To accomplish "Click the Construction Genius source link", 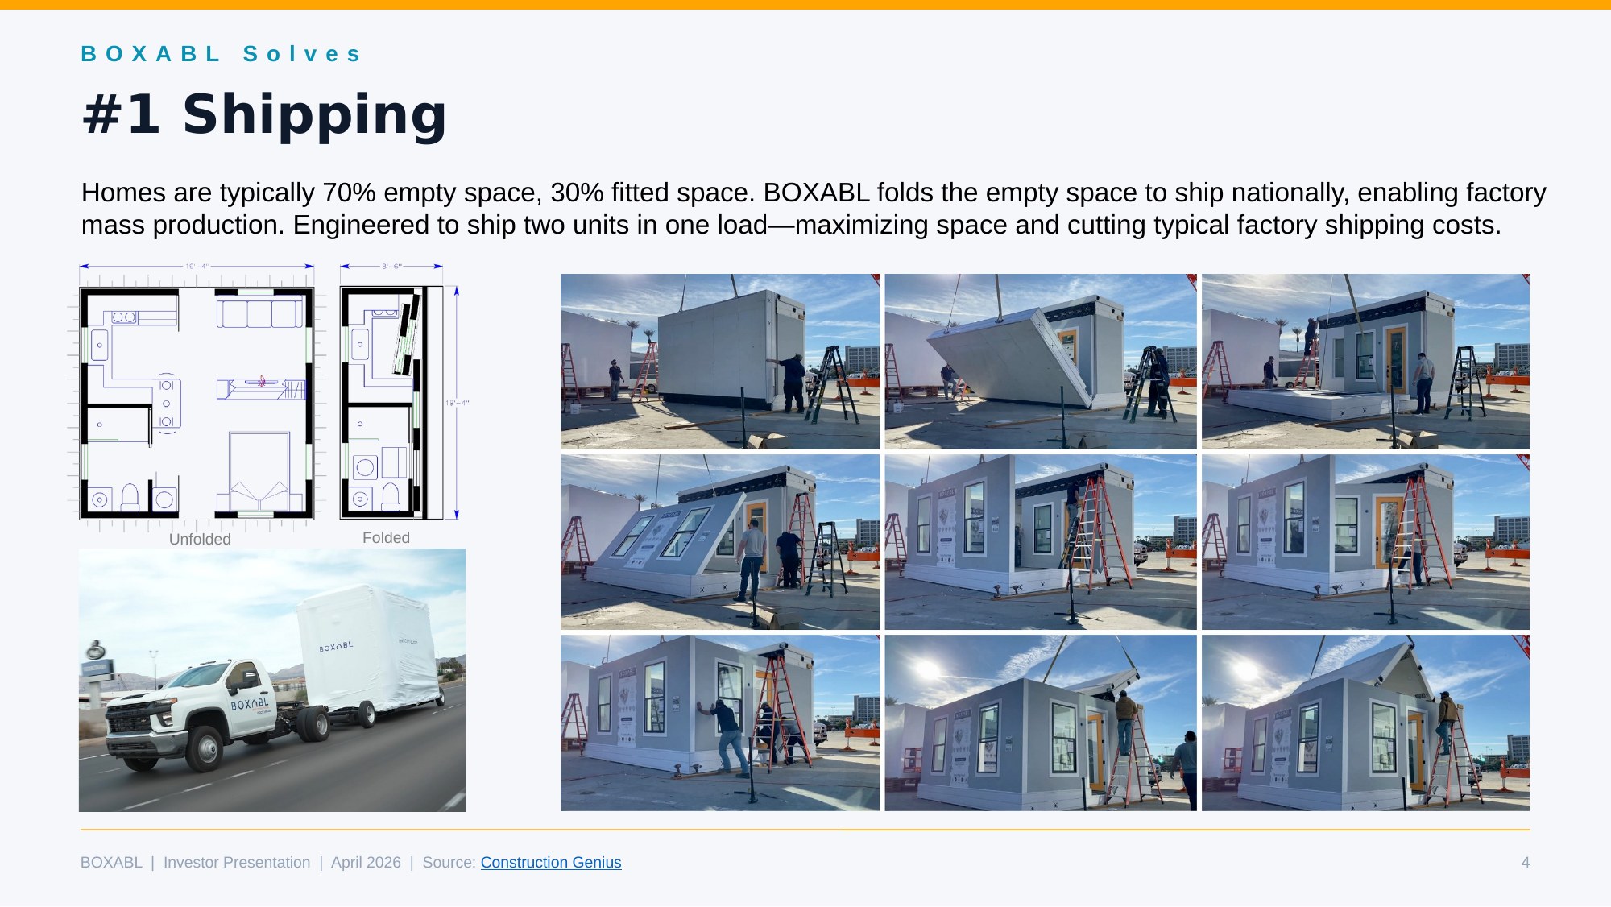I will pyautogui.click(x=551, y=862).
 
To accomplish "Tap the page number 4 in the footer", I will pyautogui.click(x=1525, y=862).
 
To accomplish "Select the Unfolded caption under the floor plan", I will pyautogui.click(x=200, y=539).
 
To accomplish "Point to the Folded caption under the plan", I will pyautogui.click(x=386, y=537).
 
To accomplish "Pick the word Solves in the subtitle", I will pyautogui.click(x=302, y=54).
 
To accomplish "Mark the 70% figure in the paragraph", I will pyautogui.click(x=349, y=193).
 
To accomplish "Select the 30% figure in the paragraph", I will pyautogui.click(x=577, y=193).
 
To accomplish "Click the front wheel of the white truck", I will pyautogui.click(x=206, y=748).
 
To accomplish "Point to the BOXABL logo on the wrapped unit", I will pyautogui.click(x=336, y=646).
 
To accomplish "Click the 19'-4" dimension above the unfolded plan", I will pyautogui.click(x=197, y=266).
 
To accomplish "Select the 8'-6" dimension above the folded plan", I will pyautogui.click(x=391, y=266).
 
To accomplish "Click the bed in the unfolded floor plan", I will pyautogui.click(x=259, y=471).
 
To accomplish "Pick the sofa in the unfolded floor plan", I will pyautogui.click(x=259, y=313).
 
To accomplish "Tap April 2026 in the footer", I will pyautogui.click(x=366, y=862).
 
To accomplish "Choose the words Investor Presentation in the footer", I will pyautogui.click(x=237, y=862).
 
